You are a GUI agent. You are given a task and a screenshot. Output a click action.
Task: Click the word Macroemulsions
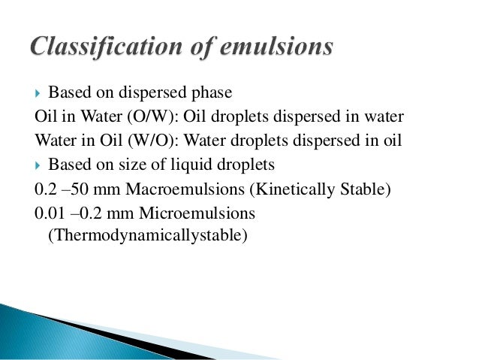(x=178, y=188)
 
